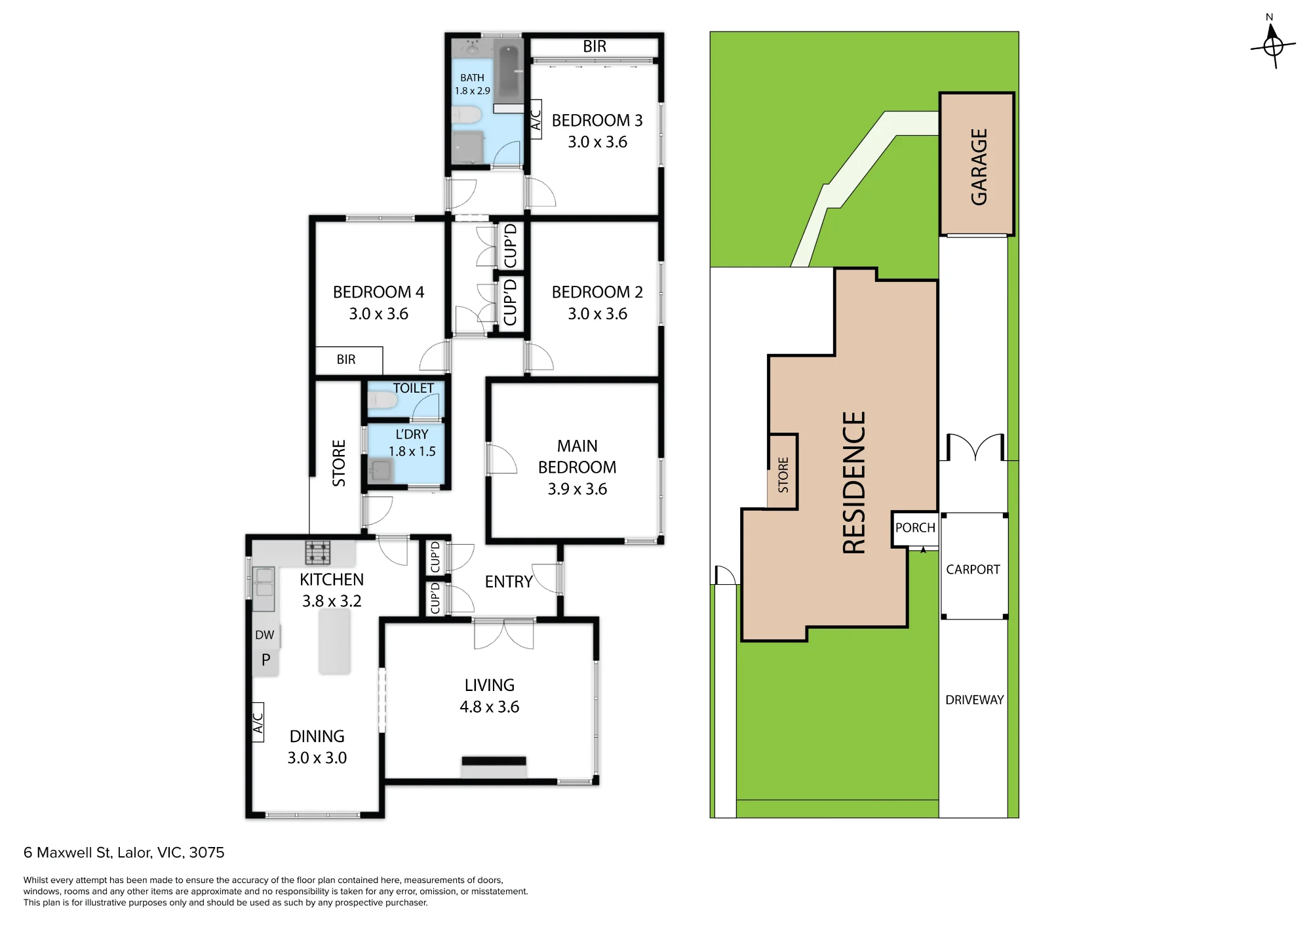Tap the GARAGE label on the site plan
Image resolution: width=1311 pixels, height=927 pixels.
(x=978, y=167)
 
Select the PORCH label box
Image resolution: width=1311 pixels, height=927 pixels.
(x=915, y=528)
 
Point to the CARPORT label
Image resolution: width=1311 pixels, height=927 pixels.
(x=973, y=570)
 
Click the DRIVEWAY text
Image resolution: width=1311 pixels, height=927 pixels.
(x=974, y=700)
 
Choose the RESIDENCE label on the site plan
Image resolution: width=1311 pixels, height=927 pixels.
(x=854, y=483)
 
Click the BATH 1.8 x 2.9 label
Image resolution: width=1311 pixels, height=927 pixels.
(x=472, y=85)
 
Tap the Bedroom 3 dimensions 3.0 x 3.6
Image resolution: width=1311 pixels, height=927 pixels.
(x=597, y=142)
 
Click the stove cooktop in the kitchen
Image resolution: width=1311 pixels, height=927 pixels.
(x=318, y=553)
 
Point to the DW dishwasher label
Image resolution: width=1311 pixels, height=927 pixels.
(x=265, y=635)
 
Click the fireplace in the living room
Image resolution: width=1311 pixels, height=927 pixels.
(x=494, y=767)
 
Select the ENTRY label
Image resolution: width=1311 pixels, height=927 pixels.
(x=509, y=582)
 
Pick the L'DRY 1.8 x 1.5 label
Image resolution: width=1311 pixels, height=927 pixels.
(x=412, y=443)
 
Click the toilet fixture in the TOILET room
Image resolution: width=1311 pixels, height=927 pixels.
(x=382, y=400)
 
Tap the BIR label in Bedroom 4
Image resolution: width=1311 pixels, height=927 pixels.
(x=346, y=360)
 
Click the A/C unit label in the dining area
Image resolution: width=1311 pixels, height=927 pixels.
(x=258, y=722)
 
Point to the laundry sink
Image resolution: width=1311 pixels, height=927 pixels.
(x=380, y=471)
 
